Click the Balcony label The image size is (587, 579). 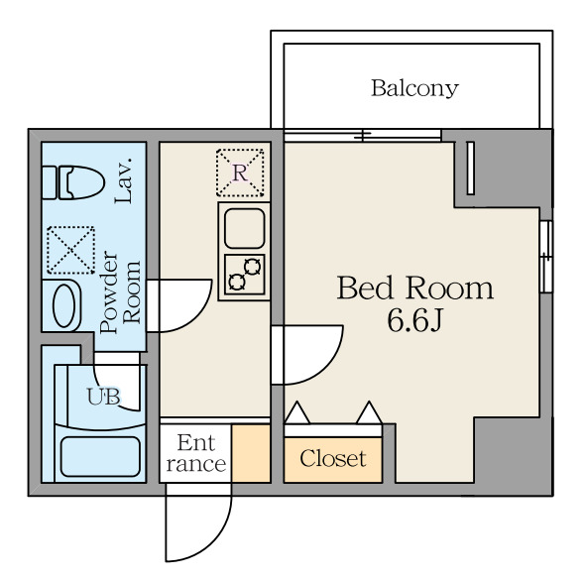[414, 88]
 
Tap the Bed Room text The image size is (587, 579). [415, 288]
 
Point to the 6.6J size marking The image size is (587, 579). [414, 321]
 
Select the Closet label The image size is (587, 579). [333, 459]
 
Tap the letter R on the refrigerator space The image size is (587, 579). [240, 173]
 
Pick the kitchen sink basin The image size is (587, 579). [245, 228]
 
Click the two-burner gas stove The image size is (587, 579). [245, 275]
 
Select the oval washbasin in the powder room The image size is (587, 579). [64, 306]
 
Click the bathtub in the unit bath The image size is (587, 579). [100, 457]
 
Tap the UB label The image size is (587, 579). [103, 397]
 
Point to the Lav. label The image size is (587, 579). [124, 180]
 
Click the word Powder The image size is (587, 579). [109, 291]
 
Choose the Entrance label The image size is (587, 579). [195, 453]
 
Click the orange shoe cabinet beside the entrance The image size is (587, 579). [251, 453]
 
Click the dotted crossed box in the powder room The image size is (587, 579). [70, 250]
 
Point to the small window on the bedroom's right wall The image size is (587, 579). [546, 257]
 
